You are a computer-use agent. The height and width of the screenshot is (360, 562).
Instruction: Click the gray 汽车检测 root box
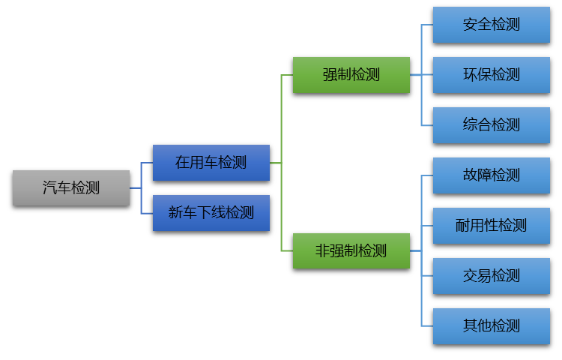[71, 187]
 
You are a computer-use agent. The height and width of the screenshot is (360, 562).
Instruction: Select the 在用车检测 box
[211, 163]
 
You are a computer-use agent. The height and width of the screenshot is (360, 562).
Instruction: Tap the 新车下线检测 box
[211, 213]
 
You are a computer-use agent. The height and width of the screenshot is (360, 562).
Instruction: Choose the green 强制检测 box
[351, 75]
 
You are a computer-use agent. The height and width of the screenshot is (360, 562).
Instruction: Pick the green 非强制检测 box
[351, 250]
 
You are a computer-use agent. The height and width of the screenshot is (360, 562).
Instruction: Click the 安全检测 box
[491, 25]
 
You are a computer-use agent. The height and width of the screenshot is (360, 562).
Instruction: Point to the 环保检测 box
[491, 75]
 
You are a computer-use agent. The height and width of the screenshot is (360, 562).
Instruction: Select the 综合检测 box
[491, 124]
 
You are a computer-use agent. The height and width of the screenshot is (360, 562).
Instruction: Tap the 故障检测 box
[491, 175]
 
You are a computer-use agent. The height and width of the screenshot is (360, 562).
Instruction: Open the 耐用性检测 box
[491, 226]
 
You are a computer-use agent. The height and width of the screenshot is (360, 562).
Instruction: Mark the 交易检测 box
[491, 276]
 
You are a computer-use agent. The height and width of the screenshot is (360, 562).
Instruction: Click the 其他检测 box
[491, 326]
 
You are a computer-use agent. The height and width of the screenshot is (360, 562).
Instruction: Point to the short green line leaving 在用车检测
[275, 163]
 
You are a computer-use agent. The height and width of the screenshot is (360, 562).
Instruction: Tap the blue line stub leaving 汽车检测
[135, 187]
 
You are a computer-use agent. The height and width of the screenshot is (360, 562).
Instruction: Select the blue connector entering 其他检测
[427, 326]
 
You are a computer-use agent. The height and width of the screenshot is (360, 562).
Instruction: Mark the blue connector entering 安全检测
[427, 25]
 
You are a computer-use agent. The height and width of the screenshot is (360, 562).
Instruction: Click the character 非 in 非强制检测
[322, 250]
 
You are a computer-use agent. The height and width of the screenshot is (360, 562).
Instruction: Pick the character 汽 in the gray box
[49, 187]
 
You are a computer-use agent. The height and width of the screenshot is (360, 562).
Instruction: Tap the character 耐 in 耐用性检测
[463, 226]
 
